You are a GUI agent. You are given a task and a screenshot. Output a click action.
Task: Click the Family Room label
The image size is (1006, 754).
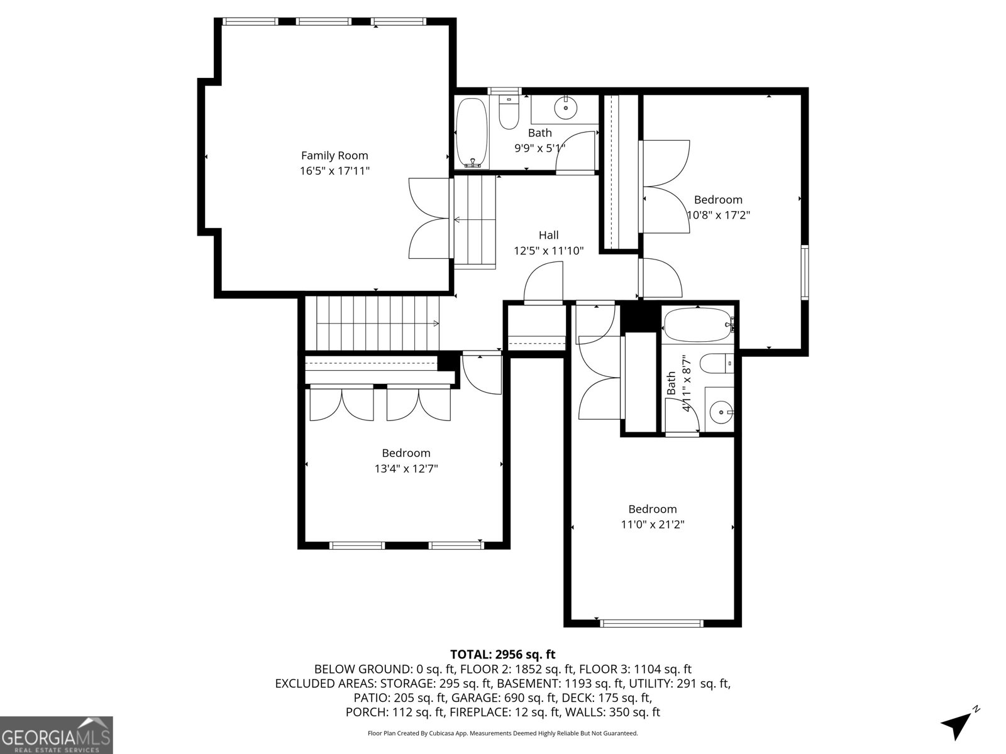334,155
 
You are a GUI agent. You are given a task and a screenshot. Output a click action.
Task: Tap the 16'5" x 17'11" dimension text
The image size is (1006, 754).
334,171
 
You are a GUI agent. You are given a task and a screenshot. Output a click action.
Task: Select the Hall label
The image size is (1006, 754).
548,235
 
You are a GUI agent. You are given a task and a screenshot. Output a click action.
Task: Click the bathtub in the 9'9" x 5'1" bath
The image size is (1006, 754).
472,132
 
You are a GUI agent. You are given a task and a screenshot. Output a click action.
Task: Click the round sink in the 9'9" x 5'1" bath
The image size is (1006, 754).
566,108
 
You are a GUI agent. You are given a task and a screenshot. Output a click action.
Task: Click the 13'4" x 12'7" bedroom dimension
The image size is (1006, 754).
406,469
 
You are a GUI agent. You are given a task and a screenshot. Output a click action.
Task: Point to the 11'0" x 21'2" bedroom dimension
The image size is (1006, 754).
653,525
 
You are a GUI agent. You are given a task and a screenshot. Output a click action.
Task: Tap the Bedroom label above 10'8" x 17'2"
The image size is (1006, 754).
718,200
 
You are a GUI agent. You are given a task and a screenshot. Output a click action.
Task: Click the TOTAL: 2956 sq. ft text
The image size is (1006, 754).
502,655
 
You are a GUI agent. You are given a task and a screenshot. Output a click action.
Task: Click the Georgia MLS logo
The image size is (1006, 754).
56,735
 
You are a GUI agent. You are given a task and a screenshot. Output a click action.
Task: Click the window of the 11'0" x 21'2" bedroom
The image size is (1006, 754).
651,623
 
